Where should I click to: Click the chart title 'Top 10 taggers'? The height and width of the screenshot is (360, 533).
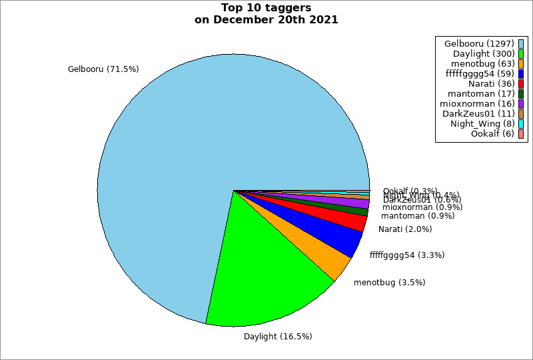pos(266,8)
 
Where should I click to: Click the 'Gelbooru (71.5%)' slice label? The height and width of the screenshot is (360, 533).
pos(103,69)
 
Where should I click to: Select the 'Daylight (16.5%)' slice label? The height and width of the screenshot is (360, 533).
pos(278,337)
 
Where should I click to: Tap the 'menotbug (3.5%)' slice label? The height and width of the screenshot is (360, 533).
pos(390,283)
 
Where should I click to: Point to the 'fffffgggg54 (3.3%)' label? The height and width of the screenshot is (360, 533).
pos(407,255)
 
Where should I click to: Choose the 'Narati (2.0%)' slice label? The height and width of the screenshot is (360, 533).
pos(405,229)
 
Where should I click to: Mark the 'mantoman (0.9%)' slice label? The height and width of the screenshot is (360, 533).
pos(418,216)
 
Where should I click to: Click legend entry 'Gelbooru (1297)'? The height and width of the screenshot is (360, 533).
pos(479,43)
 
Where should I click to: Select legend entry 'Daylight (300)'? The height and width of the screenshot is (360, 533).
pos(483,53)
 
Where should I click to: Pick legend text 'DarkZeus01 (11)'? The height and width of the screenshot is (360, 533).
pos(478,113)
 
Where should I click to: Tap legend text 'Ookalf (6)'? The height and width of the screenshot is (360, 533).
pos(492,133)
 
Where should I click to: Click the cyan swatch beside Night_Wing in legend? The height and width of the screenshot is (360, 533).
pos(521,123)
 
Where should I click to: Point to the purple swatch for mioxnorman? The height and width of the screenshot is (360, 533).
pos(521,103)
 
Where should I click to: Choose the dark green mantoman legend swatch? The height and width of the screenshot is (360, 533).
pos(521,93)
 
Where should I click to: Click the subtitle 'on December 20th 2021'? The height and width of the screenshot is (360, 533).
pos(266,19)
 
